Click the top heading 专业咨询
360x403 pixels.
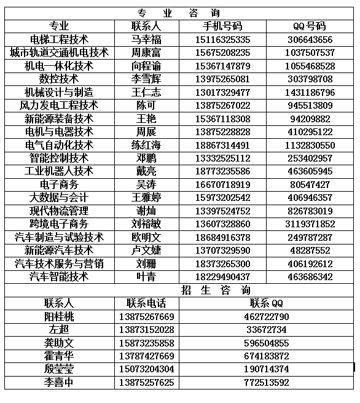(178, 13)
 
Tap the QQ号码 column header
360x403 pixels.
(310, 26)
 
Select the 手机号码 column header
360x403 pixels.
(222, 26)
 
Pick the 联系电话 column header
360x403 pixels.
(146, 303)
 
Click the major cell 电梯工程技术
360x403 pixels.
(59, 39)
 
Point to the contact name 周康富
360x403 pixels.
(146, 53)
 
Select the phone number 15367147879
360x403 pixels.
(222, 66)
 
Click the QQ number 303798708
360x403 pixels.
(310, 79)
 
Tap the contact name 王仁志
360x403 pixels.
(146, 93)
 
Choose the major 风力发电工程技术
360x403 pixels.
(59, 106)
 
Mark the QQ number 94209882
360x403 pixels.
(310, 119)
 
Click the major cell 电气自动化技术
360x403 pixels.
(59, 146)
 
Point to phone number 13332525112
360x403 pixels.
(222, 158)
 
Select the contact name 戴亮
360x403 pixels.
(146, 171)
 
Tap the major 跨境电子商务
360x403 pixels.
(59, 224)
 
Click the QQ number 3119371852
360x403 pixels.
(310, 224)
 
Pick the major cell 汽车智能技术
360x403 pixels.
(59, 277)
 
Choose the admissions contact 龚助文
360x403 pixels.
(59, 343)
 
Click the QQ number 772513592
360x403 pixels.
(266, 383)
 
